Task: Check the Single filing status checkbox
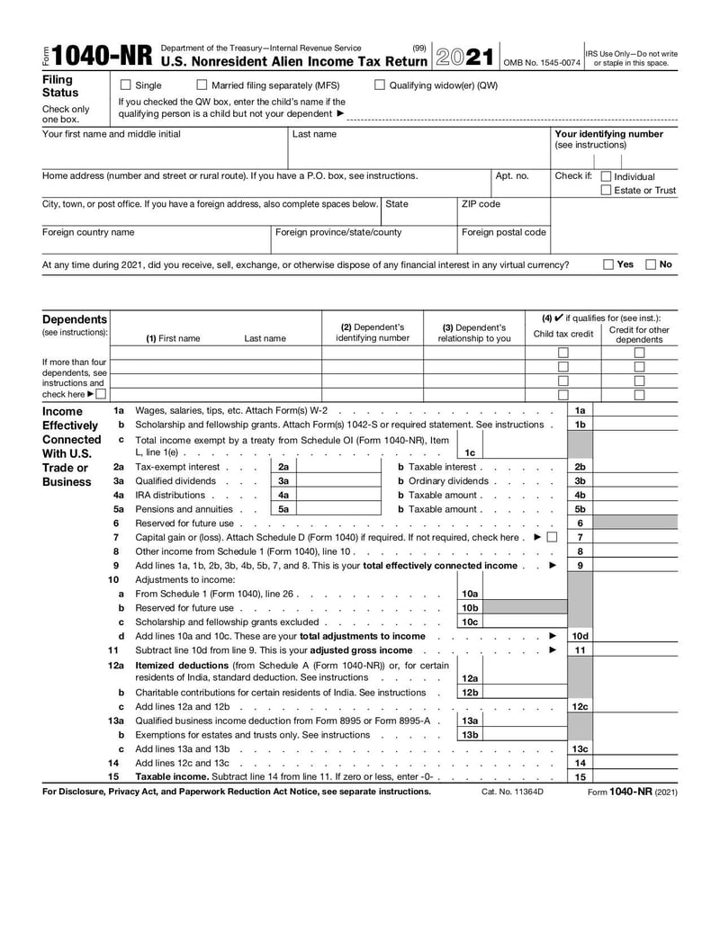click(x=126, y=85)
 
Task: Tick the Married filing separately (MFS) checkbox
click(x=202, y=85)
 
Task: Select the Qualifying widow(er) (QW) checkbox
click(x=379, y=85)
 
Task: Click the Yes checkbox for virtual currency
click(x=607, y=264)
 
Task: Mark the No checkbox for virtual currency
click(x=651, y=264)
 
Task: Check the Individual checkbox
click(x=606, y=177)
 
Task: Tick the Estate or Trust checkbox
click(x=606, y=191)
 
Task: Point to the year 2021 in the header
click(x=464, y=57)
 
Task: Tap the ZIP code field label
click(x=481, y=204)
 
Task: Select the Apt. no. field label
click(x=512, y=176)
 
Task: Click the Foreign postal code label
click(x=503, y=232)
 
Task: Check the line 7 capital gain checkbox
click(x=551, y=537)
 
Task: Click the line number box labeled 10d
click(x=580, y=636)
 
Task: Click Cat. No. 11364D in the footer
click(x=512, y=792)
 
